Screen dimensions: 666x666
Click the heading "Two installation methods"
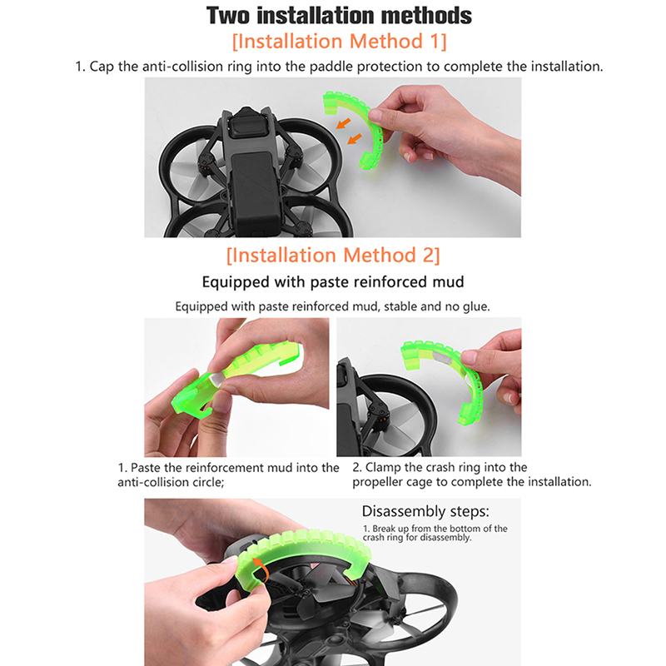coord(339,15)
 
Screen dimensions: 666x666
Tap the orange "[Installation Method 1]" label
coord(340,41)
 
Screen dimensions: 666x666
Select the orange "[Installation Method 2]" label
coord(333,256)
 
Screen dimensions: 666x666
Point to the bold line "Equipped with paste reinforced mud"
coord(333,282)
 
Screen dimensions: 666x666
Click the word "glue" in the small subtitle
coord(475,306)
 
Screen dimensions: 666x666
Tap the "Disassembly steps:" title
coord(425,511)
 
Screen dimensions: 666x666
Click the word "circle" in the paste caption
coord(206,483)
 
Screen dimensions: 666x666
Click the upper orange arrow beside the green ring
coord(343,123)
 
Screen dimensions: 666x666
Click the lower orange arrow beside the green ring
coord(355,138)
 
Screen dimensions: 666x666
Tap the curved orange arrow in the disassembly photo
coord(261,569)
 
